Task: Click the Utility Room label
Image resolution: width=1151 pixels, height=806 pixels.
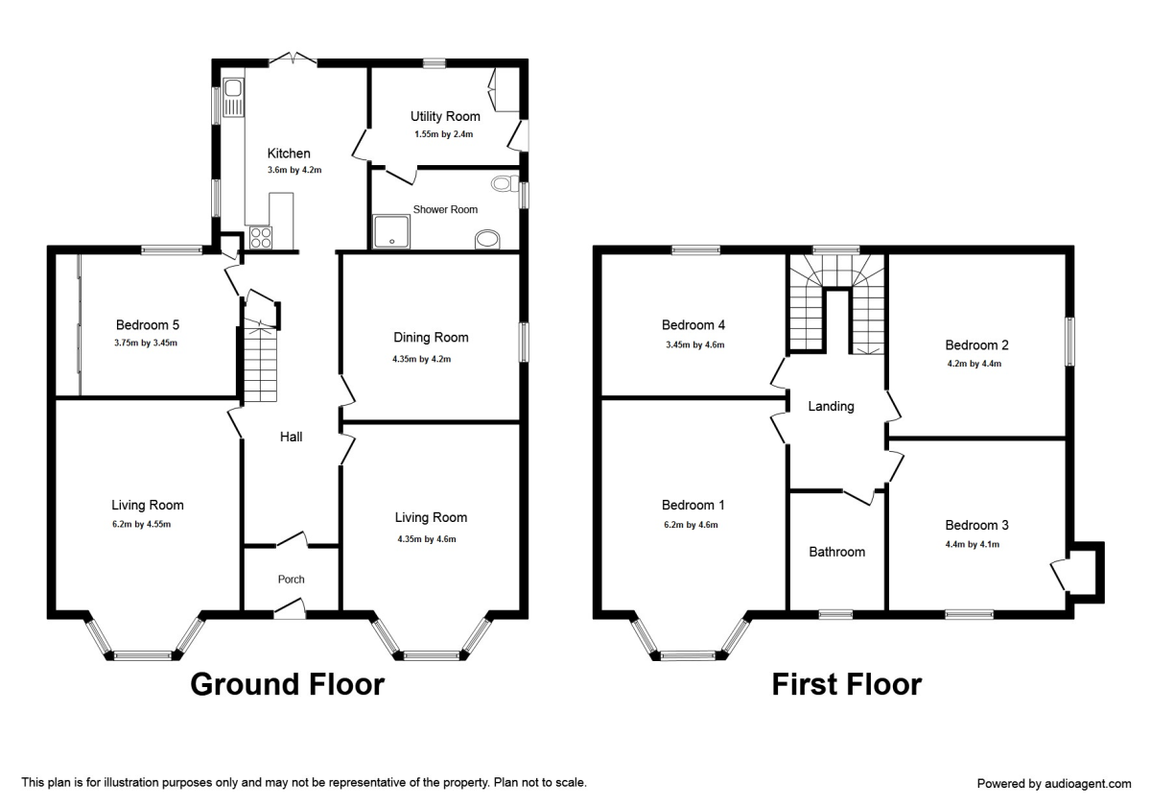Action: (445, 116)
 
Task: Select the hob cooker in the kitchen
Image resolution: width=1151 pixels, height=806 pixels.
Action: (259, 237)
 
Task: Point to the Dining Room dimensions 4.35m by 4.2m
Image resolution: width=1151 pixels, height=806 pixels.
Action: (431, 359)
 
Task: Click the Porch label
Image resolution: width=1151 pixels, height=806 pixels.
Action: (291, 579)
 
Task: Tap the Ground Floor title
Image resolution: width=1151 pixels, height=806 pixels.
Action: (287, 684)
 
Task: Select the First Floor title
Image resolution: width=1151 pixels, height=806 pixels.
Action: (847, 684)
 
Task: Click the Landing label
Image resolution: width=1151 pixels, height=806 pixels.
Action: (831, 406)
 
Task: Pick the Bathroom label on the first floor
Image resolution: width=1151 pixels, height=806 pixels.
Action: (836, 552)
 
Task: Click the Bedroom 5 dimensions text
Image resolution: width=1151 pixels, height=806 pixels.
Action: (148, 343)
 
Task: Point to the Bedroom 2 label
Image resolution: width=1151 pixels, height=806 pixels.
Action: (976, 344)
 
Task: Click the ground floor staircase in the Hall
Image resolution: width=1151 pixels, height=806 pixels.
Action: (259, 365)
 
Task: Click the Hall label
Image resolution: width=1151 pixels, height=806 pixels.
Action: (291, 437)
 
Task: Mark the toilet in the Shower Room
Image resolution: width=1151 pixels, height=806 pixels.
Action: (502, 184)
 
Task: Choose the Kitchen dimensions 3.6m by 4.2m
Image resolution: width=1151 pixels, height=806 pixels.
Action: (294, 170)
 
